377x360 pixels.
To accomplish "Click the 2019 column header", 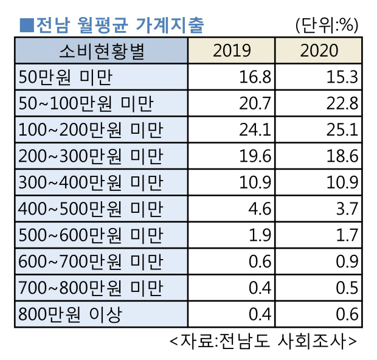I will tap(232, 50).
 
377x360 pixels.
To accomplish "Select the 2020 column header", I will tap(319, 50).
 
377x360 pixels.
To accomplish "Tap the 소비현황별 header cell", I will tap(102, 50).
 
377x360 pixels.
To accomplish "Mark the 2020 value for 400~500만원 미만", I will tap(347, 209).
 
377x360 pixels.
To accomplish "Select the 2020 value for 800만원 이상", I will tap(347, 314).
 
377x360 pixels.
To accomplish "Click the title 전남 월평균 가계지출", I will tap(119, 25).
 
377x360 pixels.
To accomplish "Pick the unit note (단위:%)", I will tap(327, 25).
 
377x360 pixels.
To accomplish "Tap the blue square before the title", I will tap(26, 25).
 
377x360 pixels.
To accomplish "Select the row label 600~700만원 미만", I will tap(91, 262).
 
